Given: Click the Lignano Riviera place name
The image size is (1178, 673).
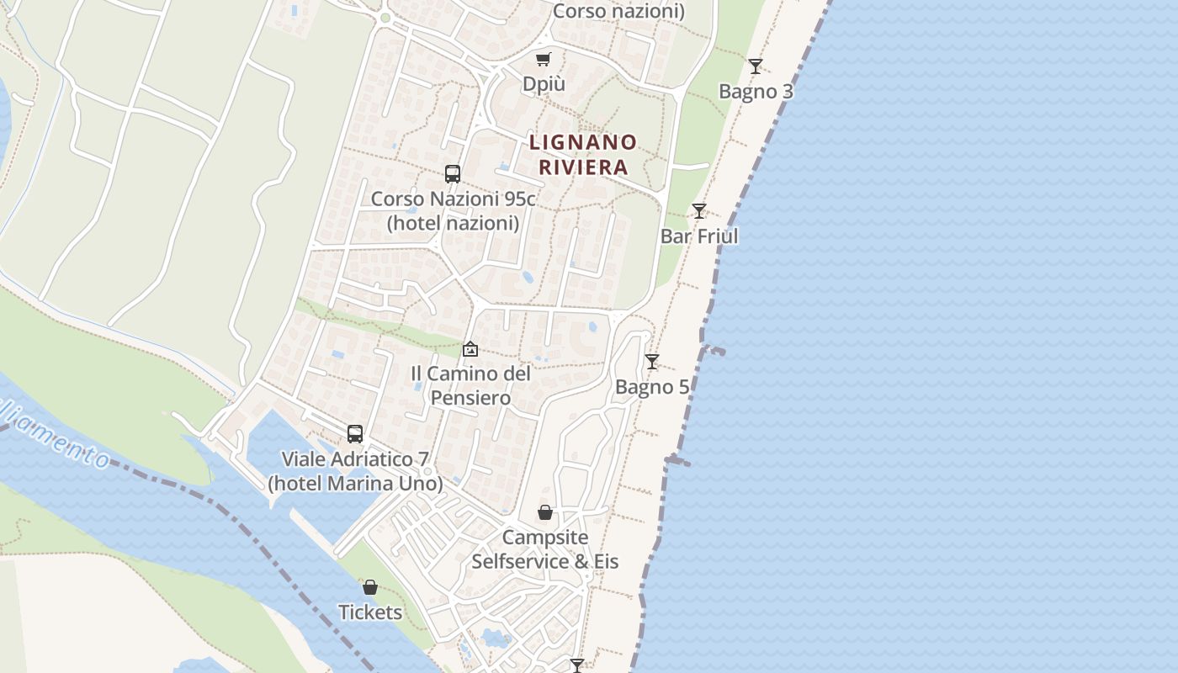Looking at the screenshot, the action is (x=582, y=154).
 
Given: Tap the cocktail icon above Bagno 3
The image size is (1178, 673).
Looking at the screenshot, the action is (x=756, y=66).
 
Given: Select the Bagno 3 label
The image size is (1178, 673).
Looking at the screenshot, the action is (x=756, y=91).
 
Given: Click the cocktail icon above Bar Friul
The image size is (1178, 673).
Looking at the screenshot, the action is (x=698, y=210).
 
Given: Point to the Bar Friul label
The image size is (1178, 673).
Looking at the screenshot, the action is (x=698, y=236).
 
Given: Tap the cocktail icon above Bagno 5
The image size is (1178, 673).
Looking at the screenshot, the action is (x=651, y=362).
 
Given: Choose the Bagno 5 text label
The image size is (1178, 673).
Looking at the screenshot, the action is (x=651, y=387).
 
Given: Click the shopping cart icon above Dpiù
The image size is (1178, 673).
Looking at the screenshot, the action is (x=544, y=59).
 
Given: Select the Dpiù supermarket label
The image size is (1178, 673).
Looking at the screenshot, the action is (x=544, y=84).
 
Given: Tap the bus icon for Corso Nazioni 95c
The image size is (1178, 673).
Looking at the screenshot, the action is (x=453, y=174).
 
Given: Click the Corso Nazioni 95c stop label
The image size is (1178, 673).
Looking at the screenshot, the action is (x=453, y=210).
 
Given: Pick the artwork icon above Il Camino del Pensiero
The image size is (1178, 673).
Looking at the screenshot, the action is (x=470, y=348).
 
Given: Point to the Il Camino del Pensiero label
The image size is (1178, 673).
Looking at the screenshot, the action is (x=470, y=384).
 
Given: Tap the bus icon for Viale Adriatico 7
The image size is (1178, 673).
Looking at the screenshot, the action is (x=355, y=434).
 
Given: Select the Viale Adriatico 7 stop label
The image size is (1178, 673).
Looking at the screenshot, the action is (x=355, y=471).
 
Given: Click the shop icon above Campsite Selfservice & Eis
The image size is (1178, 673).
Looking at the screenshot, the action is (x=545, y=512).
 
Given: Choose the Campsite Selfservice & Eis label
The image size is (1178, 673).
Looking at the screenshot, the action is (x=544, y=548).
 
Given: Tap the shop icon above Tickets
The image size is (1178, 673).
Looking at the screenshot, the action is (x=370, y=587).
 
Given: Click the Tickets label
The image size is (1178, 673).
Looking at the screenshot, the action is (x=370, y=612).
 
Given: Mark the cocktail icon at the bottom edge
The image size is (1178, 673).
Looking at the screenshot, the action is (x=577, y=665).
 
